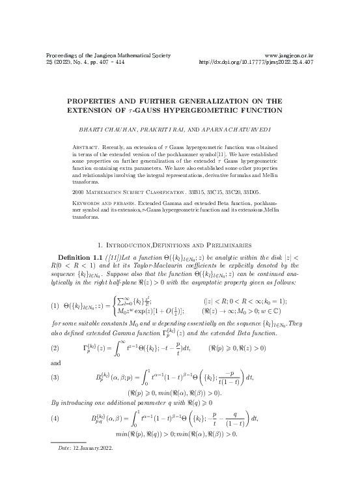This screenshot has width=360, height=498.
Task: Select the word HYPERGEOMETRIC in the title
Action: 215,111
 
